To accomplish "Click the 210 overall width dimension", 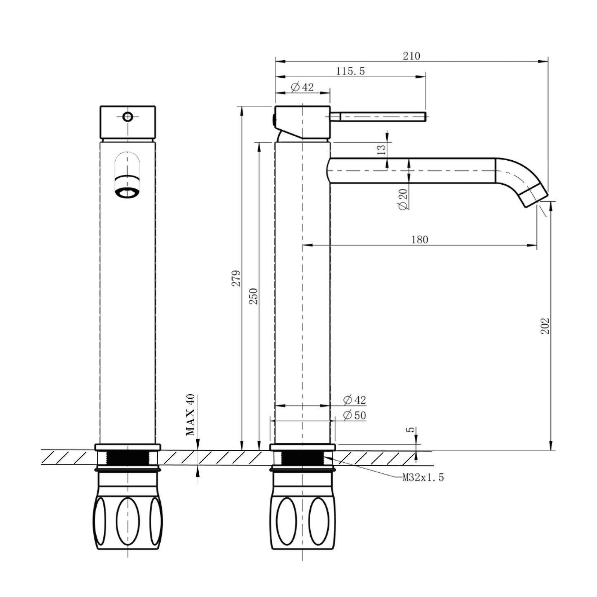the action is pyautogui.click(x=411, y=56).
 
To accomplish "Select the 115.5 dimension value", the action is pyautogui.click(x=350, y=71).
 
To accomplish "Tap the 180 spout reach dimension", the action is pyautogui.click(x=419, y=240).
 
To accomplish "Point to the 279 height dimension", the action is pyautogui.click(x=237, y=278).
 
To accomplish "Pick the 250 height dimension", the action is pyautogui.click(x=254, y=296).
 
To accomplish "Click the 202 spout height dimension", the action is pyautogui.click(x=545, y=326).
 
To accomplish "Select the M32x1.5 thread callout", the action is pyautogui.click(x=423, y=478).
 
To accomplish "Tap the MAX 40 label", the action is pyautogui.click(x=190, y=414).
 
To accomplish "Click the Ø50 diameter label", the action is pyautogui.click(x=354, y=415).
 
